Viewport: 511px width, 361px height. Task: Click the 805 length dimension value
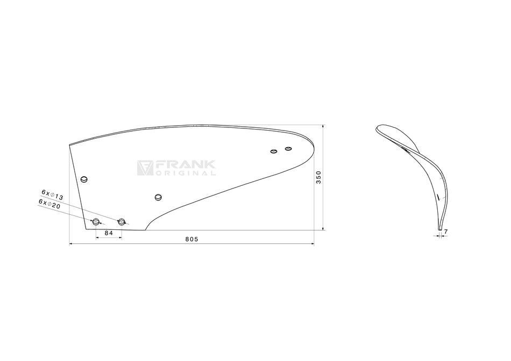[x=191, y=239]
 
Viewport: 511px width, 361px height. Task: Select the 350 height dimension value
[x=319, y=177]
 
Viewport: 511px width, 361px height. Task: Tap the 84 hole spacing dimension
[x=109, y=233]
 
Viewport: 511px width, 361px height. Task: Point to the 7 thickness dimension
[x=446, y=232]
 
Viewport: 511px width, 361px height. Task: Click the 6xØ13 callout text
[x=52, y=194]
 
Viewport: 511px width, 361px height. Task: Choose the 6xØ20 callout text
[x=49, y=204]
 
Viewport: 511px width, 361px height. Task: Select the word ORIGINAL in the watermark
[x=186, y=173]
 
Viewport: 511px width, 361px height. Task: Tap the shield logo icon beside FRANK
[x=145, y=168]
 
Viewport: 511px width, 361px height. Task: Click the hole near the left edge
[x=84, y=179]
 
